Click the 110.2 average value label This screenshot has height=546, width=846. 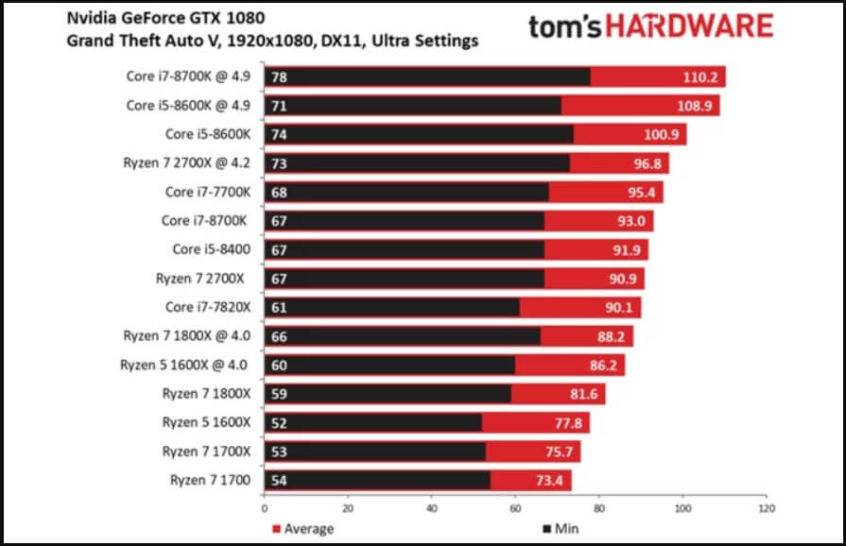702,77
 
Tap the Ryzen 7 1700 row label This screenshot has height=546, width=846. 210,481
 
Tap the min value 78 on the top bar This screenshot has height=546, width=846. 280,77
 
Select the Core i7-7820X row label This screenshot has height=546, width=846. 208,307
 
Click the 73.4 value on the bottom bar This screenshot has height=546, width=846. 550,481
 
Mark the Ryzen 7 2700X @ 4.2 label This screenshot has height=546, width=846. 187,162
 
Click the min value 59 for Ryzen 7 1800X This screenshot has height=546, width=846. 280,394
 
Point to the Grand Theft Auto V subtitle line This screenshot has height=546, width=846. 272,42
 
